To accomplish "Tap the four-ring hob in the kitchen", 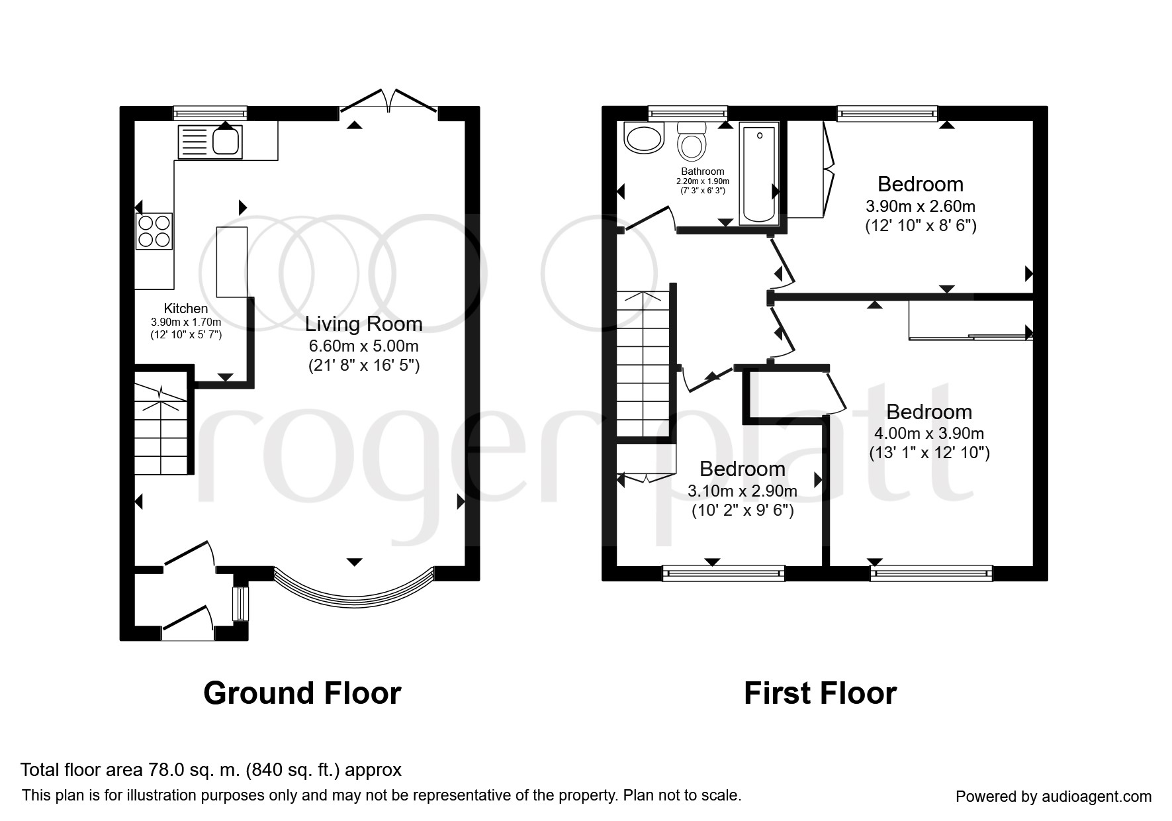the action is [155, 231].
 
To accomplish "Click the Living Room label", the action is [364, 324].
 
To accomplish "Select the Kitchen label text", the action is [186, 309].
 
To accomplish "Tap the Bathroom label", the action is [703, 171].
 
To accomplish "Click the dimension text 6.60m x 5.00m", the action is [364, 346].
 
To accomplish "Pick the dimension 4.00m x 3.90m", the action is [929, 434].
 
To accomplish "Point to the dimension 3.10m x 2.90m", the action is [743, 491].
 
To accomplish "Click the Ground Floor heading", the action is [302, 693].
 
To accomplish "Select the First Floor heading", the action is [821, 693].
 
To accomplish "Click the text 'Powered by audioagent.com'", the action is [1054, 797].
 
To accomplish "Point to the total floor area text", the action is [211, 770].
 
